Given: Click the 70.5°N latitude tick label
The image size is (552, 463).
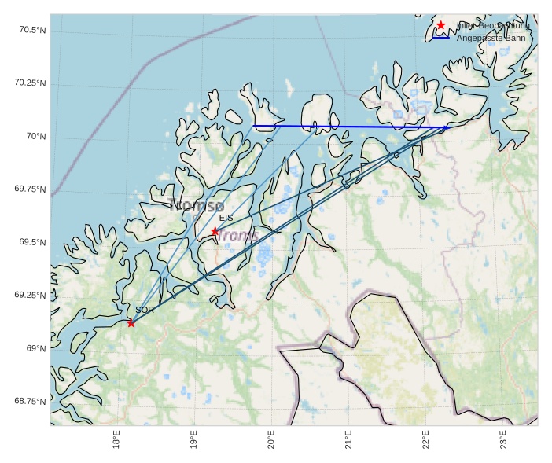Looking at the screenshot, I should (x=31, y=30).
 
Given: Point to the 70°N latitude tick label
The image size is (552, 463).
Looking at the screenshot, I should (x=36, y=137).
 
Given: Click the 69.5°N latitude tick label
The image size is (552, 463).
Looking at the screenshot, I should (x=31, y=242).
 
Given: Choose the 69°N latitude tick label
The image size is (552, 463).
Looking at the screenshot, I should (x=36, y=348).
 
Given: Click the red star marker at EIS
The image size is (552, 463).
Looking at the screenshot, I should (x=215, y=231).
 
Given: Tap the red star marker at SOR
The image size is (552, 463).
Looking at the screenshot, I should (x=131, y=323).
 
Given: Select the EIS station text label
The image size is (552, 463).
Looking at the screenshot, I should (x=226, y=218).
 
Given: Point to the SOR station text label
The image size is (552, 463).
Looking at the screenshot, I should (x=144, y=311).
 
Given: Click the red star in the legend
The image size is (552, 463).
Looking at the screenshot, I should (x=441, y=25).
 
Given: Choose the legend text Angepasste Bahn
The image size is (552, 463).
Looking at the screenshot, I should (x=491, y=38).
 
